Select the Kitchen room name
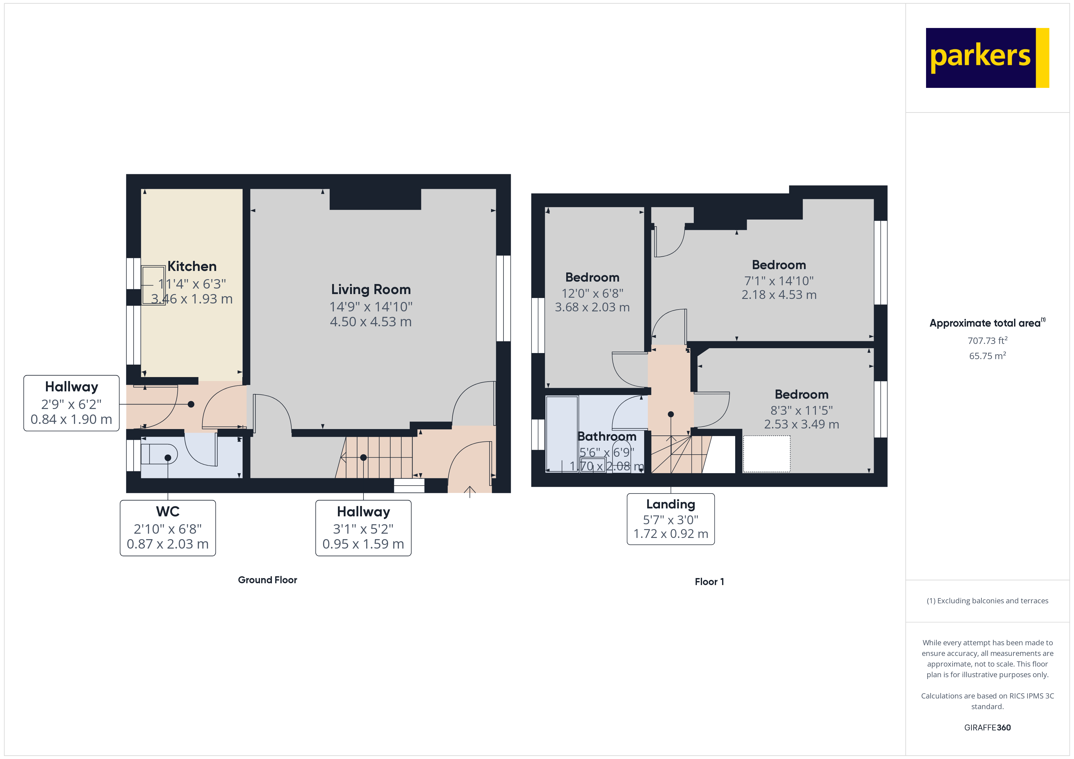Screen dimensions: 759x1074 192,266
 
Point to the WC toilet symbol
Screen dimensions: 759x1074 159,454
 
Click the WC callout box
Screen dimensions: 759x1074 167,528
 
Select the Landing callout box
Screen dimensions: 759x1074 670,519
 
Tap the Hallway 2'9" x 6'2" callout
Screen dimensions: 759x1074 71,403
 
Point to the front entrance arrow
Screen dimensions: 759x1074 470,491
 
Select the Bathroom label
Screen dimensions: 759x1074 607,437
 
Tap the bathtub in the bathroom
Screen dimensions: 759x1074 561,434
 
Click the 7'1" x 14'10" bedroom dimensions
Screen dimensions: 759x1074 779,281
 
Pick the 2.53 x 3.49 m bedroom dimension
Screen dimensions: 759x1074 801,425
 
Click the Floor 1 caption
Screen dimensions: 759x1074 709,582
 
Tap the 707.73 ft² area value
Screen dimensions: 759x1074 987,341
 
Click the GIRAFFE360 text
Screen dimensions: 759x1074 987,728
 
